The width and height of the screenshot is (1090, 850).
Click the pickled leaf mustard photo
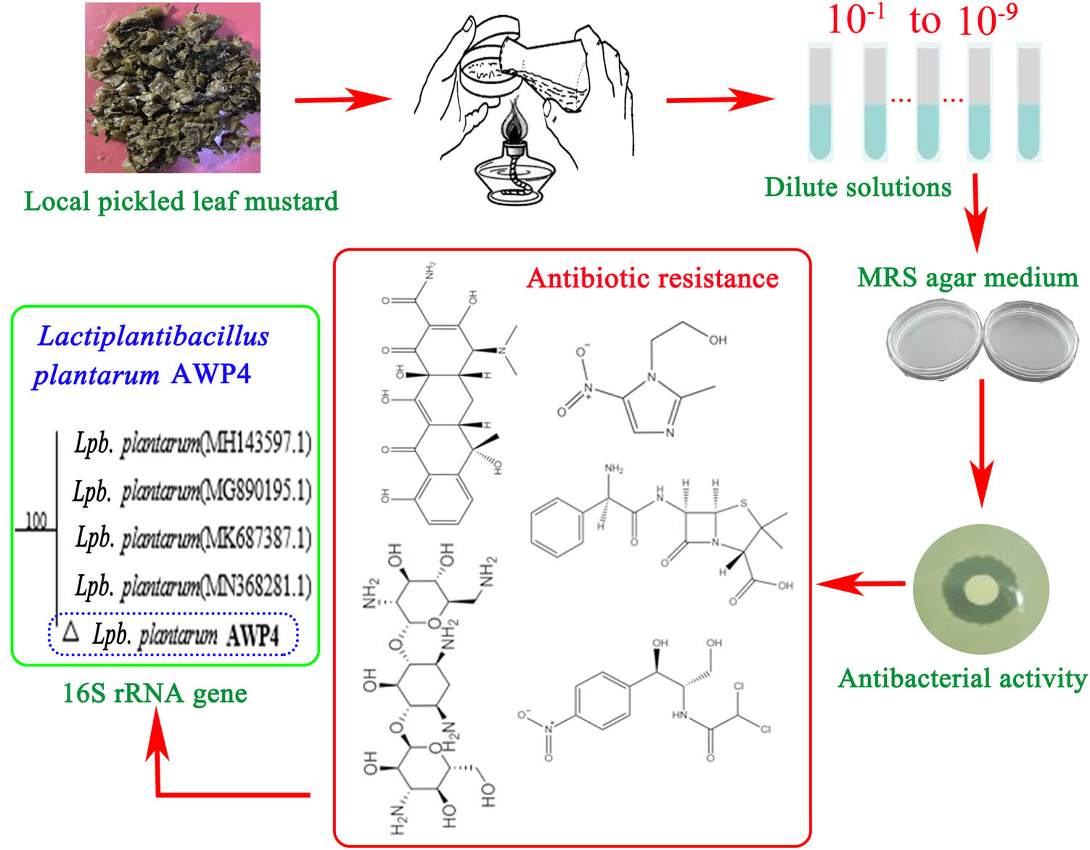point(173,88)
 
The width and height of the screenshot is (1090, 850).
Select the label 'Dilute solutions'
point(858,187)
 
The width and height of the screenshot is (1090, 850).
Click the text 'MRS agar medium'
point(967,277)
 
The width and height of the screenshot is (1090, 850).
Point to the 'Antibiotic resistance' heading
point(652,278)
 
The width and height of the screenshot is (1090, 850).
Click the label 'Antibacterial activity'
point(962,678)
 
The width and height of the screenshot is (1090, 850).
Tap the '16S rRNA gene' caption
point(155,693)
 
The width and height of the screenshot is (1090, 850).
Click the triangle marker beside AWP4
point(70,632)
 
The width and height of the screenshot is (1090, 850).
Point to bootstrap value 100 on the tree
point(36,520)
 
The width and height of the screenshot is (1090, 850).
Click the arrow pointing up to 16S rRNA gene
point(157,755)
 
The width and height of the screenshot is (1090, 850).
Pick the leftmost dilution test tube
point(821,102)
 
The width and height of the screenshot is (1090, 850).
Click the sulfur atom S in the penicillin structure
point(742,503)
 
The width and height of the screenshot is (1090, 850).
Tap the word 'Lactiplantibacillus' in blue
point(153,337)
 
